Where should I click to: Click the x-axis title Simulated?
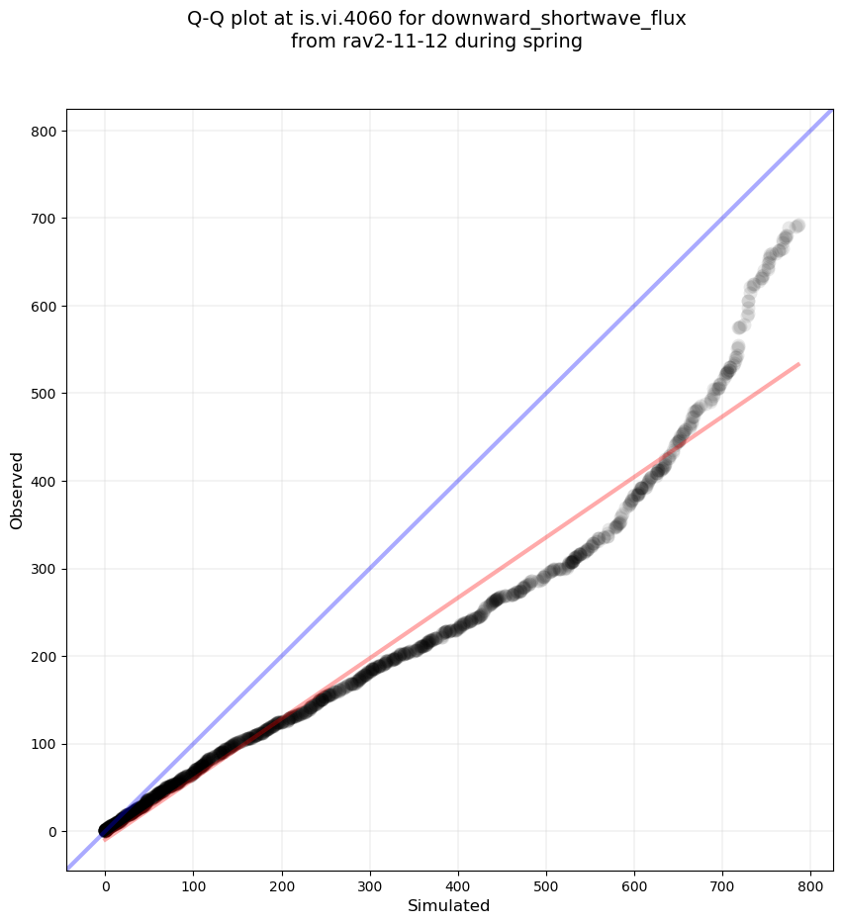tap(449, 905)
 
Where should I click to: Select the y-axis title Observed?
tap(17, 490)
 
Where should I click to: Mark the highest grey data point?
tap(797, 226)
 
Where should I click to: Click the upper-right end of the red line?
tap(798, 364)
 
